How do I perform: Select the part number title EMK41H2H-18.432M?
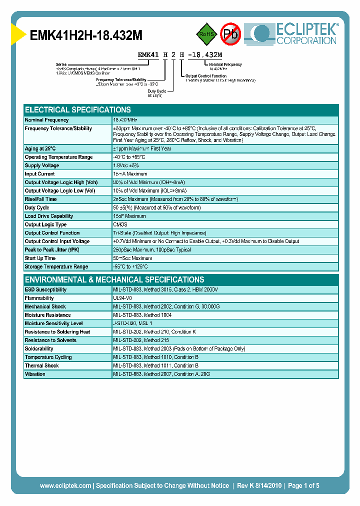click(86, 36)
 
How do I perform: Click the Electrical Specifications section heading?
click(78, 110)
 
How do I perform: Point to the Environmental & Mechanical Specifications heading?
click(114, 280)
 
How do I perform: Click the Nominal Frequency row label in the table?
click(46, 120)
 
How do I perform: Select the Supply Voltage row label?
click(42, 165)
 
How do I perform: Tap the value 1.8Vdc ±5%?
click(126, 165)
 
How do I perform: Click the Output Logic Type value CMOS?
click(120, 225)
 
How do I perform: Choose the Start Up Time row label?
click(40, 258)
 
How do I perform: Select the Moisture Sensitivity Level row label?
click(53, 323)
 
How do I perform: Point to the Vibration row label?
click(35, 374)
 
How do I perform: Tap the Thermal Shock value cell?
click(156, 366)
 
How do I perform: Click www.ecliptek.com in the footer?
click(65, 486)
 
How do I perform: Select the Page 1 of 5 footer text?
click(303, 486)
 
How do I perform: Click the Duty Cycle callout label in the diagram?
click(156, 91)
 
